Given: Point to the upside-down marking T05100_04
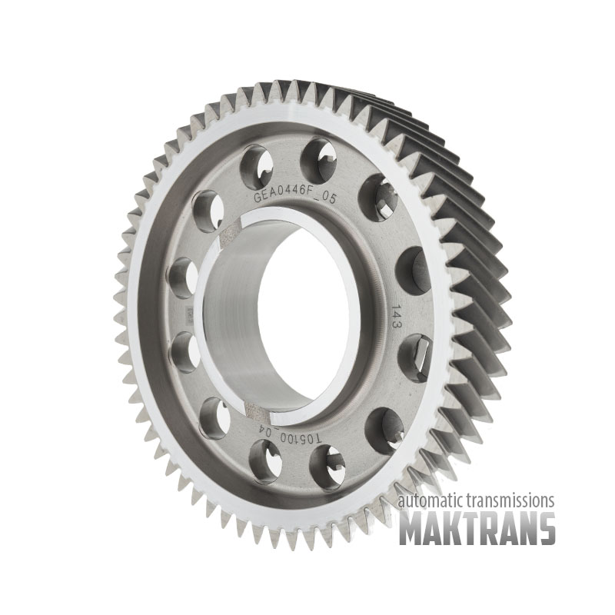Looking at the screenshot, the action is [x=291, y=434].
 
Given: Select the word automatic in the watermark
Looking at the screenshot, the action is [x=429, y=501].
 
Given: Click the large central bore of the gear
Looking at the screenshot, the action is [x=281, y=318].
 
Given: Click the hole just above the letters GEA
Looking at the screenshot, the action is [x=256, y=166].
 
